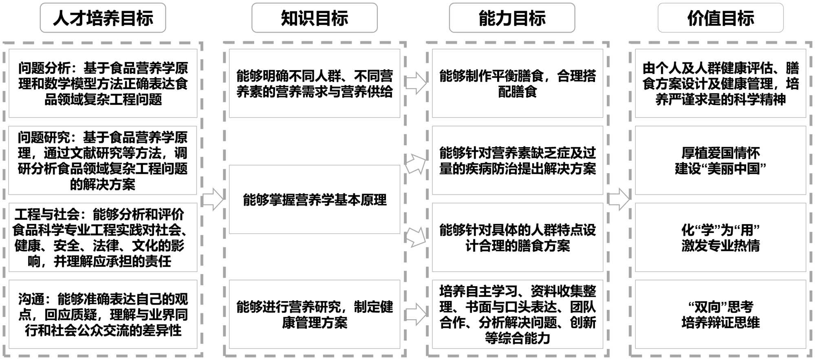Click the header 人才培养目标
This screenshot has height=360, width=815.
[x=103, y=18]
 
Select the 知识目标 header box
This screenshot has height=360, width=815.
[x=314, y=18]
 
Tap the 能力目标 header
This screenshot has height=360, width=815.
[x=512, y=18]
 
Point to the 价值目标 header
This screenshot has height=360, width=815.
[x=720, y=18]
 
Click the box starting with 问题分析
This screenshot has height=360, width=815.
[x=103, y=83]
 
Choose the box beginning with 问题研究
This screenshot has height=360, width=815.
[x=103, y=160]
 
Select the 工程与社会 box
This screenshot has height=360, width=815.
[x=103, y=237]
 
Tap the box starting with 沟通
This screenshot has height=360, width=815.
[x=103, y=314]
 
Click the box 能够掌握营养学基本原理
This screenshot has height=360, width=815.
[x=314, y=199]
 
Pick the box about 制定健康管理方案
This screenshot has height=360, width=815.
[x=314, y=314]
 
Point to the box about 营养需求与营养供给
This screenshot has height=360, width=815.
[x=314, y=83]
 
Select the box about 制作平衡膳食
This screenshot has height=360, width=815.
[x=517, y=83]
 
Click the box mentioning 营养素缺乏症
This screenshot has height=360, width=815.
[x=517, y=160]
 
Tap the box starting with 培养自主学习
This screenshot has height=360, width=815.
[x=517, y=314]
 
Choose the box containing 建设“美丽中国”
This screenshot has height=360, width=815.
[x=720, y=160]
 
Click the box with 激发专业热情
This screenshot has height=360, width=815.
[x=720, y=237]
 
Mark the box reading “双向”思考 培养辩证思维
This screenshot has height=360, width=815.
[x=720, y=314]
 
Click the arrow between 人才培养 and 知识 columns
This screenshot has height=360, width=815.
[x=213, y=199]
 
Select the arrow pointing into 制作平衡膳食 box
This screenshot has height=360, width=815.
[x=416, y=83]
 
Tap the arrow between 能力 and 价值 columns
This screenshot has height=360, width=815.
[x=619, y=199]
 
